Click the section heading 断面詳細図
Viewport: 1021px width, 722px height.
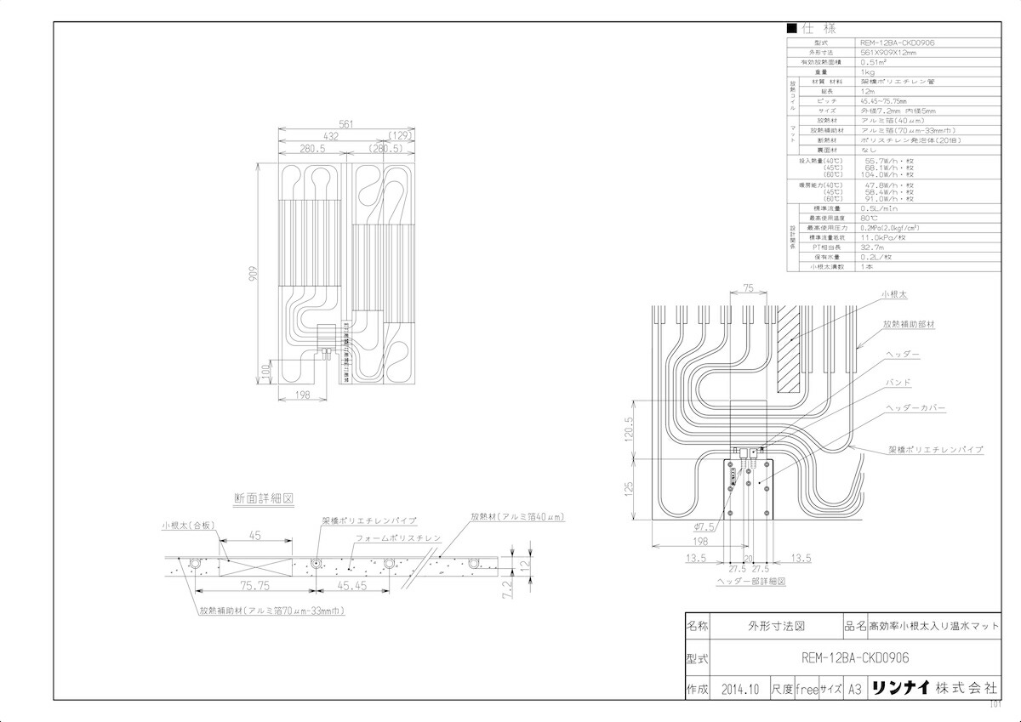264,498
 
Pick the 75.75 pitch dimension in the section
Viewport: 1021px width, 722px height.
254,585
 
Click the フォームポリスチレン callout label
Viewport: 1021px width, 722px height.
398,539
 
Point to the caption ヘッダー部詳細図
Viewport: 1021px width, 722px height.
750,583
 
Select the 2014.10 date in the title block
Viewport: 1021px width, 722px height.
738,688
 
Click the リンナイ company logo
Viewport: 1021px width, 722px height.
898,688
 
